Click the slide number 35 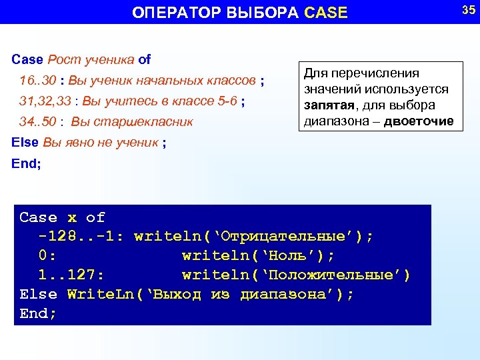tap(468, 9)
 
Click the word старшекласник tap(151, 122)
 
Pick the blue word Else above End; tap(25, 142)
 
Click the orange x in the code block tap(72, 217)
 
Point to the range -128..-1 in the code tap(81, 237)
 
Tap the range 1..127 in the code tap(71, 275)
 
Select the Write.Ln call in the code tap(101, 295)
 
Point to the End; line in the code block tap(39, 313)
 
